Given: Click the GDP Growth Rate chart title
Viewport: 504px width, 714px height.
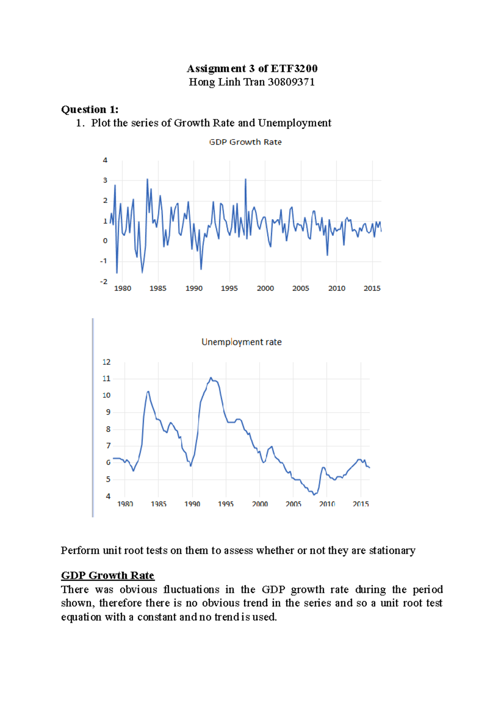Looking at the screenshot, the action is coord(245,142).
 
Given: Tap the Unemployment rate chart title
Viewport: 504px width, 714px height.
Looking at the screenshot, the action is coord(241,342).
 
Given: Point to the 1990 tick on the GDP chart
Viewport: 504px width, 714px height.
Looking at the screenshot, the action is coord(194,288).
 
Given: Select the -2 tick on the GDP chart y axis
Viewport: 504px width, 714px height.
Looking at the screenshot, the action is coord(104,281).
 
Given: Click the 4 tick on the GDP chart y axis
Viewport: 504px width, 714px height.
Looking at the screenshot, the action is coord(105,160).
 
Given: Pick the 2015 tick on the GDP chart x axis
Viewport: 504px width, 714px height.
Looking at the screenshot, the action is coord(372,288).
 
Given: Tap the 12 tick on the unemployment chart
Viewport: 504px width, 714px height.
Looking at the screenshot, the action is coord(106,362).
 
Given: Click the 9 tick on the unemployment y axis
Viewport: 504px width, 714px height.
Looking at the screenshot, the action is coord(108,412).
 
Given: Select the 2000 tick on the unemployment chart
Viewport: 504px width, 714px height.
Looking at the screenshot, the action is coord(260,504).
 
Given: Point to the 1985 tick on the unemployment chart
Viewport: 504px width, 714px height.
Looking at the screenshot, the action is coord(159,504).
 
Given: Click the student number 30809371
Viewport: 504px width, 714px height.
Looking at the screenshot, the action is coord(291,82).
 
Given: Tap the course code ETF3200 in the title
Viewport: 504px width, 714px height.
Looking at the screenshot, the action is coord(294,69).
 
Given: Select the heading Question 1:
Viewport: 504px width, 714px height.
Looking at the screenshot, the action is coord(90,109).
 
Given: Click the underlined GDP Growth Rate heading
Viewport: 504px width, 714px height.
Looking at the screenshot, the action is coord(108,575).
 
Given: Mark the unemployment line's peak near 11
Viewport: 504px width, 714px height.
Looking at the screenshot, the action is coord(211,378).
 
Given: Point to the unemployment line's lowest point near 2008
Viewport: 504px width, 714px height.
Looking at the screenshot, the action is coord(314,495).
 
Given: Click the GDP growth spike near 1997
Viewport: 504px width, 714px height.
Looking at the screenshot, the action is coord(245,179).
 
